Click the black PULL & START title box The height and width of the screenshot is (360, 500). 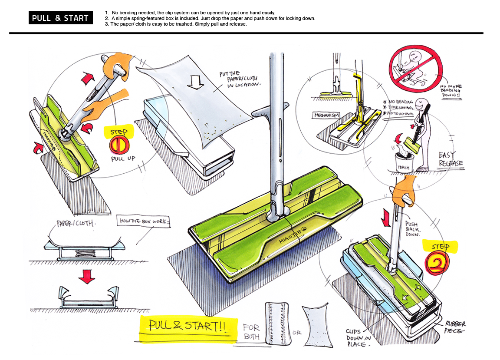point(60,18)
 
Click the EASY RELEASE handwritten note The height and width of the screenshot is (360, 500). point(450,159)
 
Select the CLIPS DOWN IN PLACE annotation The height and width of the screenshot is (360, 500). point(358,337)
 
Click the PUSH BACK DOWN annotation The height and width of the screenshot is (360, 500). point(413,225)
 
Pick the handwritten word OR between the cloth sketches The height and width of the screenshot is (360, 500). point(297,333)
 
